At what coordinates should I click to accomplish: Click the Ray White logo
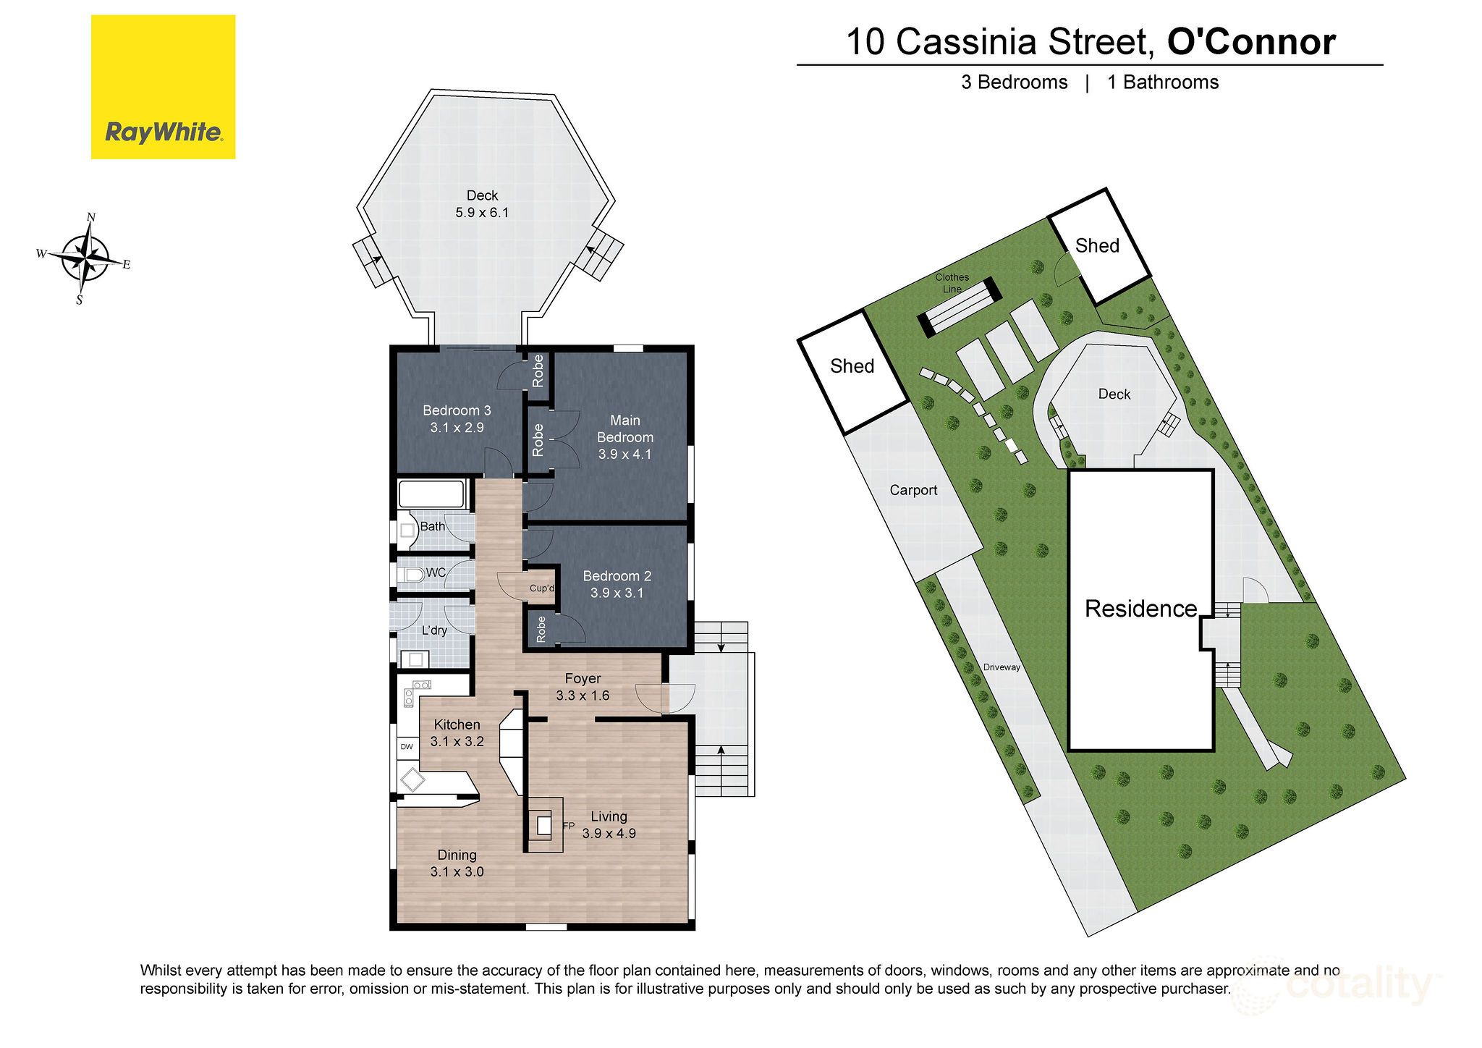[163, 87]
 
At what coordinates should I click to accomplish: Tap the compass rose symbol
[86, 258]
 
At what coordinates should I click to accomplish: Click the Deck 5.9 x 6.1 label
[482, 204]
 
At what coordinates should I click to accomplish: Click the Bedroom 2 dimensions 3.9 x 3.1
[617, 593]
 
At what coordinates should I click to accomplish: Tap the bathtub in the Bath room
[431, 494]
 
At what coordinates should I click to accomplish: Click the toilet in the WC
[412, 575]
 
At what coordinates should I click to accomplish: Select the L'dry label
[434, 630]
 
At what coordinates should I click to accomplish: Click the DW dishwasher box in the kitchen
[407, 747]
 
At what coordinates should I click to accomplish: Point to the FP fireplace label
[569, 826]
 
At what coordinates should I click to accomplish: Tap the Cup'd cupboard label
[541, 588]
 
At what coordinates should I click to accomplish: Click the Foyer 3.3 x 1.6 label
[583, 687]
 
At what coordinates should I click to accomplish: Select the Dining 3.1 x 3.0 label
[457, 863]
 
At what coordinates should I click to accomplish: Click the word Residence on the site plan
[1140, 609]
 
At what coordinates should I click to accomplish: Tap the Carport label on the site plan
[913, 490]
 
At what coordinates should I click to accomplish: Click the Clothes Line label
[952, 283]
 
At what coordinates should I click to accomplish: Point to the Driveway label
[1002, 667]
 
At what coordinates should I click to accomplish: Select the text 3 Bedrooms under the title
[1014, 83]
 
